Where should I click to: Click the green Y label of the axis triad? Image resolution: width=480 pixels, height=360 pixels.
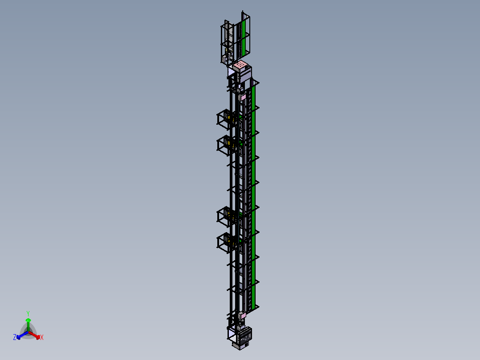coord(28,313)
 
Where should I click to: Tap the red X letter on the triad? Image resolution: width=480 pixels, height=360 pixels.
coord(42,337)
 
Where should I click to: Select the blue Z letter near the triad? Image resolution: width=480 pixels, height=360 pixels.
coord(14,337)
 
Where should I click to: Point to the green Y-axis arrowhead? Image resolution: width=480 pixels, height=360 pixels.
coord(28,320)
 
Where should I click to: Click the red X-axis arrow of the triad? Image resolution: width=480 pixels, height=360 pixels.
coord(34,335)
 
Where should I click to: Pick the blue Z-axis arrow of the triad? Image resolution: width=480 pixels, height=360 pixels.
coord(22,335)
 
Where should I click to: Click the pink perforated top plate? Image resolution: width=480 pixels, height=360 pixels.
coord(240,65)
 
